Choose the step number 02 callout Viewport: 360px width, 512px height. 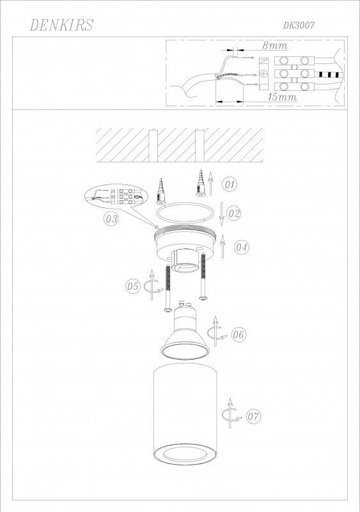coord(233,213)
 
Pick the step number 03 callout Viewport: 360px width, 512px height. coord(111,219)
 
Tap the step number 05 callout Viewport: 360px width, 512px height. coord(132,286)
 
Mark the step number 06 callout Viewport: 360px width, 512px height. coord(239,333)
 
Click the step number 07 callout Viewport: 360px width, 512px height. coord(254,416)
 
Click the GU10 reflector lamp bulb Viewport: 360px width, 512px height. coord(184,336)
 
